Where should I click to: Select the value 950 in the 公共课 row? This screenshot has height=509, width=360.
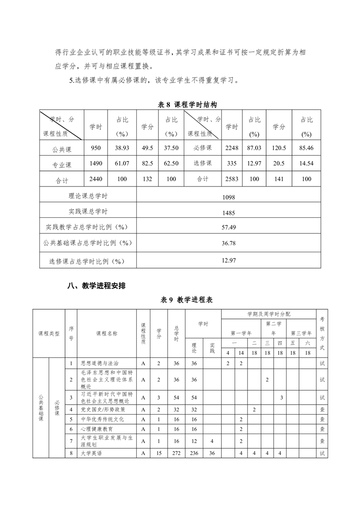(x=96, y=148)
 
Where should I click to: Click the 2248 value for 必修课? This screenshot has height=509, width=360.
(x=232, y=148)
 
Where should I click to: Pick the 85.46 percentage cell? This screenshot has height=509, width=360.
(x=306, y=148)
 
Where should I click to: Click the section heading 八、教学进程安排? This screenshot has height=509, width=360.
(x=96, y=286)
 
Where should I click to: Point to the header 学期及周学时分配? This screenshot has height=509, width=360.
(x=269, y=314)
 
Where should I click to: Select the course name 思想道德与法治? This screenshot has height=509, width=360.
(x=99, y=363)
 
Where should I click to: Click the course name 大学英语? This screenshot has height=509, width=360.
(x=90, y=453)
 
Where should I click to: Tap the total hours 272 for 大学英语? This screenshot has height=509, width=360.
(x=176, y=453)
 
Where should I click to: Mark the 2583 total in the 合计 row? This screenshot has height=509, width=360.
(x=232, y=179)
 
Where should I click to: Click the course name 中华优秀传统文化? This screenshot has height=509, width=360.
(x=102, y=419)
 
